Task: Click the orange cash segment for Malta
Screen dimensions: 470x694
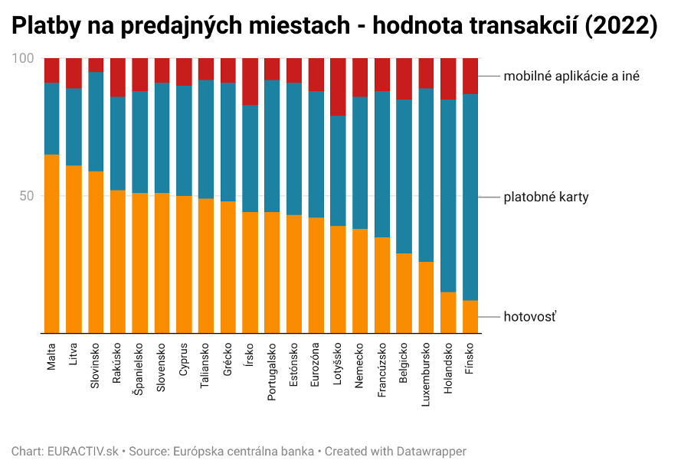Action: pyautogui.click(x=52, y=243)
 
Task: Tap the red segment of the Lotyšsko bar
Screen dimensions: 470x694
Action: pyautogui.click(x=338, y=86)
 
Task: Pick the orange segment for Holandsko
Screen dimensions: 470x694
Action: pyautogui.click(x=448, y=312)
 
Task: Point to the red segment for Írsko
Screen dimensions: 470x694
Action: pyautogui.click(x=250, y=81)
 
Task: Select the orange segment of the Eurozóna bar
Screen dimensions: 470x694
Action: pyautogui.click(x=316, y=275)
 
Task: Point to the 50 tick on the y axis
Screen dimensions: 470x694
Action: pyautogui.click(x=28, y=196)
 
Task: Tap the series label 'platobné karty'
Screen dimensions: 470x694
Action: pyautogui.click(x=545, y=197)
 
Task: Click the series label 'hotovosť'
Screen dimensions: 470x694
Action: pyautogui.click(x=530, y=315)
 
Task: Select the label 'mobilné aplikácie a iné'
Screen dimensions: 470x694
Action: pyautogui.click(x=571, y=76)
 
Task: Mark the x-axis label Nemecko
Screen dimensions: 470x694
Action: pyautogui.click(x=360, y=367)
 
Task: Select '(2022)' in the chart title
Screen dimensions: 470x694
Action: pyautogui.click(x=620, y=26)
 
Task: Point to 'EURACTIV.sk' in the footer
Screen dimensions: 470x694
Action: pyautogui.click(x=82, y=452)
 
